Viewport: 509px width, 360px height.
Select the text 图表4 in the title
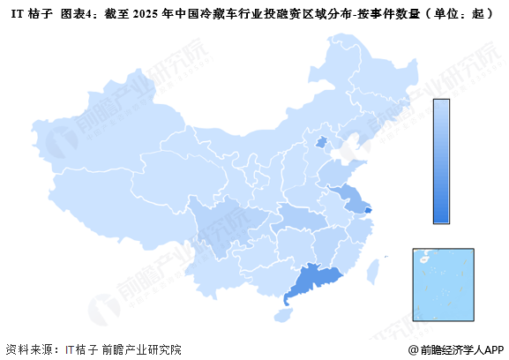(x=79, y=15)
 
